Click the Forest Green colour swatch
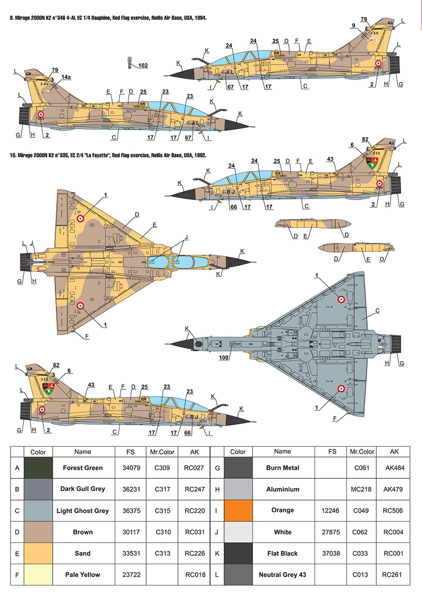tap(38, 468)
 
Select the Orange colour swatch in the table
tap(238, 511)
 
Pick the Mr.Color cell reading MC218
tap(361, 489)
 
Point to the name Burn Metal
tap(282, 468)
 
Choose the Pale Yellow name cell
tap(83, 575)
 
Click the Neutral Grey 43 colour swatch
tap(238, 575)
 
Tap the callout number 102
tap(143, 65)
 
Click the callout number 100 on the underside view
tap(224, 357)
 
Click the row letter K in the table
tap(217, 553)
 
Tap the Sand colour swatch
tap(38, 553)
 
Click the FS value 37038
tap(333, 553)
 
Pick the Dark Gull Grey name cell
tap(83, 489)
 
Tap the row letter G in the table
tap(217, 468)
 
